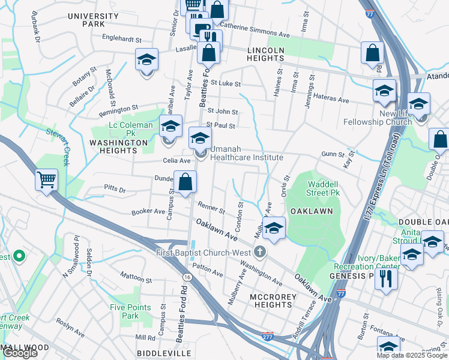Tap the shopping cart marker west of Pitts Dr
click(46, 179)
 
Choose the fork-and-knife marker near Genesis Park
click(386, 278)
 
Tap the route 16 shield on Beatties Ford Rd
click(188, 277)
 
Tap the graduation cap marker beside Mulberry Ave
click(274, 228)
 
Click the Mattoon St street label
click(136, 279)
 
